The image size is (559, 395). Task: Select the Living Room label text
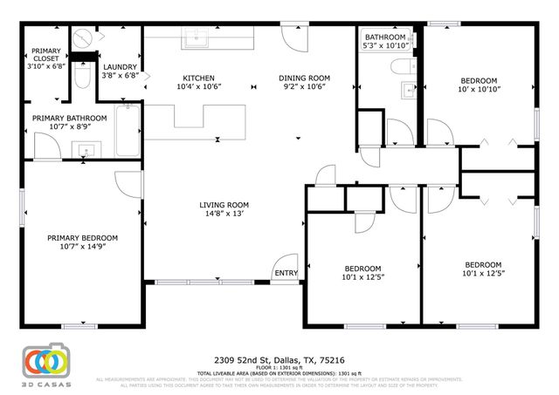225,205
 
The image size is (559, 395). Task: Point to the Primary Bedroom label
82,237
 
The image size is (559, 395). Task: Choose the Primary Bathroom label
69,118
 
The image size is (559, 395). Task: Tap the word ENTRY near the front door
286,274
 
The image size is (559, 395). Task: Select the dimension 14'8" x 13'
225,214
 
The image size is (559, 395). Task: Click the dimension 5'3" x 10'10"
385,45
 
